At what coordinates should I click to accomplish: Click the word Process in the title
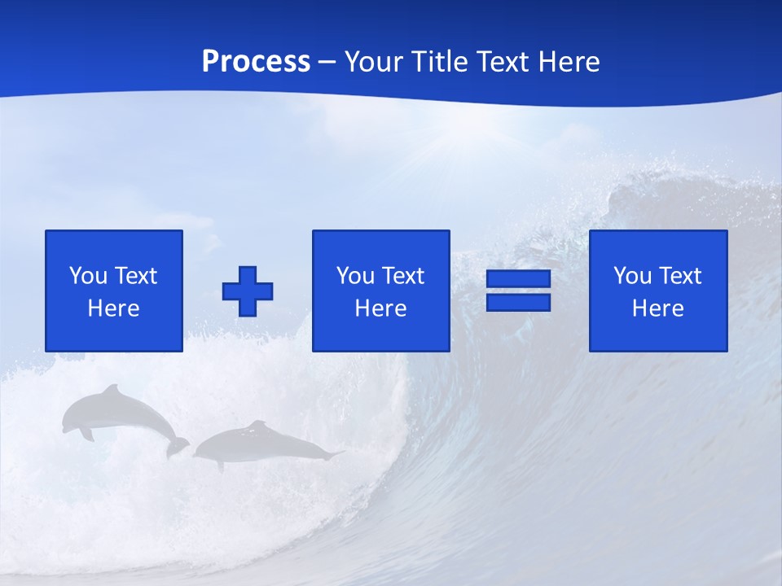[256, 61]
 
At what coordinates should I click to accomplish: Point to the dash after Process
[327, 62]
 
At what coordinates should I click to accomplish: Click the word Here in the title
[569, 61]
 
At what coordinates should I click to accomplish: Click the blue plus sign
[248, 291]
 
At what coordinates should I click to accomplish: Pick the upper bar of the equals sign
[518, 279]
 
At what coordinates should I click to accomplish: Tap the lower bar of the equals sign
[518, 302]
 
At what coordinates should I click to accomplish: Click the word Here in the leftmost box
[113, 308]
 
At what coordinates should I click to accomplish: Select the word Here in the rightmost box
[657, 308]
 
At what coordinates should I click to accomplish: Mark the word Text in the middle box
[402, 276]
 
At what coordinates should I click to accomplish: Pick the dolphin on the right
[261, 444]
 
